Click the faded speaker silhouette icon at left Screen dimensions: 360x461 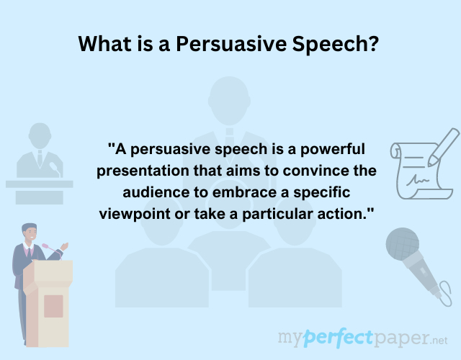[x=40, y=162]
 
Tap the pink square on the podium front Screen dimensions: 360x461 [x=53, y=306]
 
